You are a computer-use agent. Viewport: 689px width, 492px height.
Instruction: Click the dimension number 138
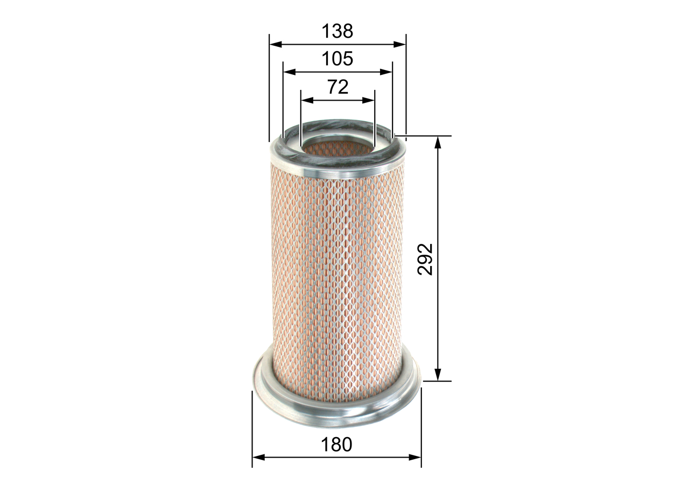point(338,31)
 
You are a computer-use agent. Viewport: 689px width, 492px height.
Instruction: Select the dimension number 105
point(338,58)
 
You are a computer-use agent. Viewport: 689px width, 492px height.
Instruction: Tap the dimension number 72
point(338,87)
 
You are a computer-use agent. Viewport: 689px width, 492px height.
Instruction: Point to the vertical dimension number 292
point(425,259)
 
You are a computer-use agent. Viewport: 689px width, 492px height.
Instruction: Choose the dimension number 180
point(336,445)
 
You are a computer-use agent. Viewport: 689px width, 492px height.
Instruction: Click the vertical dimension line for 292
point(438,215)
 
